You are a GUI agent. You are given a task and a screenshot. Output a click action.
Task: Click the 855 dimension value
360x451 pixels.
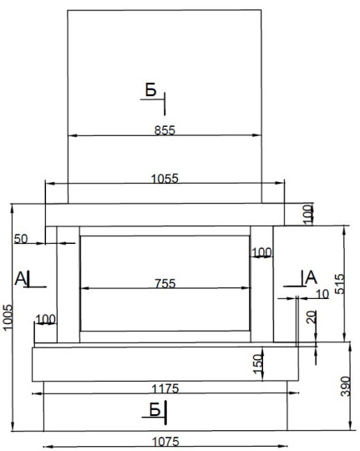165,130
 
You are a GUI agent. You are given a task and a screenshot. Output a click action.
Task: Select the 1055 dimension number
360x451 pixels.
165,179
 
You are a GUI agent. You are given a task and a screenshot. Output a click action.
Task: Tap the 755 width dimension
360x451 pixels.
165,284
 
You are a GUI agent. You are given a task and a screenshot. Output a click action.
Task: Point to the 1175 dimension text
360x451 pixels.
165,389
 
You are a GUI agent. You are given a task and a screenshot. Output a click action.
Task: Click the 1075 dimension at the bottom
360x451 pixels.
165,442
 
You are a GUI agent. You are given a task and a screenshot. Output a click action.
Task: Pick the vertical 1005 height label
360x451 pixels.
8,317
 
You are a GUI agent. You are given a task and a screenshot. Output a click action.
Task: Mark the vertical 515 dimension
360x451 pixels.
340,284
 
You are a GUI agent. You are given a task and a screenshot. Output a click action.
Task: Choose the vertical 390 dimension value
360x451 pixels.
345,387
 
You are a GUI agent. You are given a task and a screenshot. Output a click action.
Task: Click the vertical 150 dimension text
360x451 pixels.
258,364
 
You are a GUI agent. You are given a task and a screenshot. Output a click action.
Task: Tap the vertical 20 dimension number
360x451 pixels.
312,317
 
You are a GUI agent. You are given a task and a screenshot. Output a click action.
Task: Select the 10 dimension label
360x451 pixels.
322,294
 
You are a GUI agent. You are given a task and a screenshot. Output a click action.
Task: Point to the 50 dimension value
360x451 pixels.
21,239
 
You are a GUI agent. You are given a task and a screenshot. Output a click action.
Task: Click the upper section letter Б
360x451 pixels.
151,89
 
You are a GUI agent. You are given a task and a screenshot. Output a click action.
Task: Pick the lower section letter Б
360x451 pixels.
155,409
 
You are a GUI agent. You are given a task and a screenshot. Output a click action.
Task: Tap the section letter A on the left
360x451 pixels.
20,278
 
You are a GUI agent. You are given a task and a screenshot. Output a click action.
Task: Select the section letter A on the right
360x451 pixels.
311,277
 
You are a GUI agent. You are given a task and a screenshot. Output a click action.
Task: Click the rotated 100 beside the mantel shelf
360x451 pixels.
307,215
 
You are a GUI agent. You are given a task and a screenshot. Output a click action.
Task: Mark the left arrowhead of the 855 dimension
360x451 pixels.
73,135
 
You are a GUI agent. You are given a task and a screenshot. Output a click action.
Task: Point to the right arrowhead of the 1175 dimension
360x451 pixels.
294,393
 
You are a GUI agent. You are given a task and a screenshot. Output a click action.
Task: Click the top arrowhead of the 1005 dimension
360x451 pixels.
12,208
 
